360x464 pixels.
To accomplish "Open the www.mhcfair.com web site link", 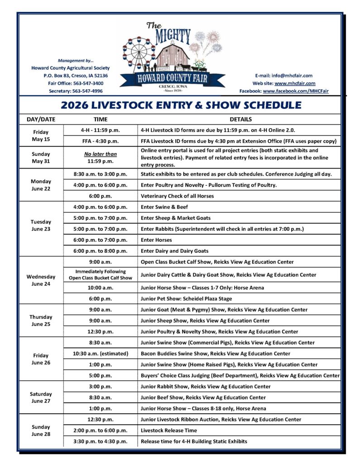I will click(295, 83).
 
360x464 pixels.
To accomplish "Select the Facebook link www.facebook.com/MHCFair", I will click(296, 91).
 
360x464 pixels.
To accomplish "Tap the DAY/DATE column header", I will click(41, 119).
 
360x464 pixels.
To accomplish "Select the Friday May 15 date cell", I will click(41, 135).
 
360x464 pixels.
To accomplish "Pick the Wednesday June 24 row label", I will click(41, 280).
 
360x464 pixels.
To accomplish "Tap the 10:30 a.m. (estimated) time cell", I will click(101, 353).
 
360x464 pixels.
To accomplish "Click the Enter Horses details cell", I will click(156, 240).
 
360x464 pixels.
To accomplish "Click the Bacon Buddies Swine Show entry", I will click(216, 353).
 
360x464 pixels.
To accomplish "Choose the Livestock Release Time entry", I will click(168, 430).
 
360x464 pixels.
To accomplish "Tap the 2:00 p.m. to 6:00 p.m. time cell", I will click(101, 430).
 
